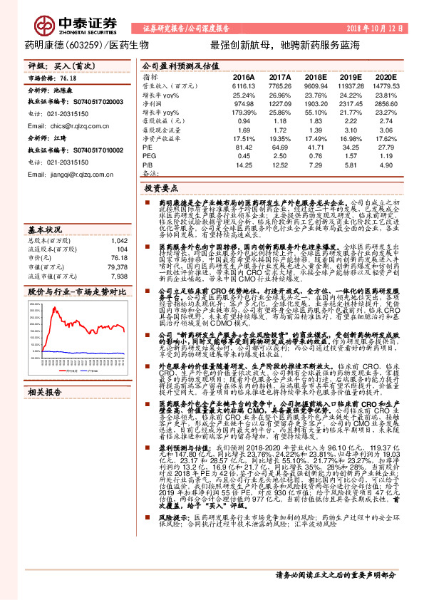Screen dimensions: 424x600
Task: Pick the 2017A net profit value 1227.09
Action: pos(279,103)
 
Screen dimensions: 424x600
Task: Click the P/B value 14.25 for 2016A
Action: pos(245,165)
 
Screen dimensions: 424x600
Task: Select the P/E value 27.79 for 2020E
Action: pos(386,147)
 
